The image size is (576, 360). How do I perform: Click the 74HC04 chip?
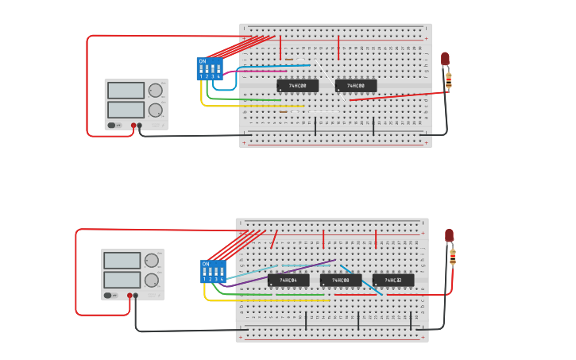pos(288,281)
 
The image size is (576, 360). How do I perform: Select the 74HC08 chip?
pos(341,281)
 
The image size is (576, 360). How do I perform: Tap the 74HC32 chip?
pos(393,281)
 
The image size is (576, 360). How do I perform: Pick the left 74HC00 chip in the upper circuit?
pos(298,86)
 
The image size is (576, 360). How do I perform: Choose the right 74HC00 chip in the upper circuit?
pos(356,86)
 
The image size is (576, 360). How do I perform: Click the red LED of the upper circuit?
pos(445,59)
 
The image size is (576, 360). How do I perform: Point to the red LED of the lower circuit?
pos(449,236)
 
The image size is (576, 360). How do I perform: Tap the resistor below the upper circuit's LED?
pos(448,79)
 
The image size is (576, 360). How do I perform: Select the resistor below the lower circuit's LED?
pos(453,257)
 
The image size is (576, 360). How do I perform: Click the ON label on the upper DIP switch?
pos(202,61)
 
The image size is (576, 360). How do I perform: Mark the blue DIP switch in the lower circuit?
pos(213,271)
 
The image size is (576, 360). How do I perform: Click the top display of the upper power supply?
pos(126,91)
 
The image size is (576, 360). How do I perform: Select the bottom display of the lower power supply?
pos(122,280)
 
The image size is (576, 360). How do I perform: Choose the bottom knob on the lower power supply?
pos(151,280)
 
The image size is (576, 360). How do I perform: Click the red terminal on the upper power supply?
pos(133,126)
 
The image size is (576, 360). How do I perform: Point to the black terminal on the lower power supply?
pos(136,296)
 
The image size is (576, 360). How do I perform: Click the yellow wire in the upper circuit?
pos(238,106)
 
